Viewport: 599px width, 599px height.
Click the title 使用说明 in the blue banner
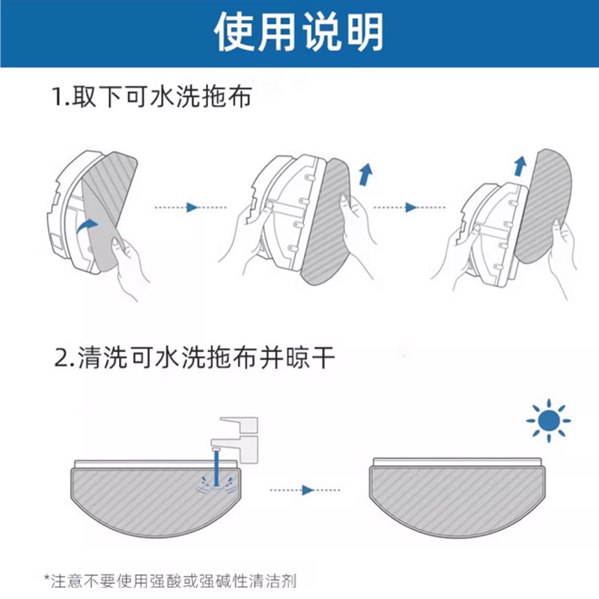point(299,33)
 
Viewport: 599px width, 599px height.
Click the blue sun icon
point(548,421)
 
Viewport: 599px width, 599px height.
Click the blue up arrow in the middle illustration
point(365,175)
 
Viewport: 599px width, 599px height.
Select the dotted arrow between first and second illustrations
point(190,207)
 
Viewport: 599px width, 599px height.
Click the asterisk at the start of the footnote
point(47,578)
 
